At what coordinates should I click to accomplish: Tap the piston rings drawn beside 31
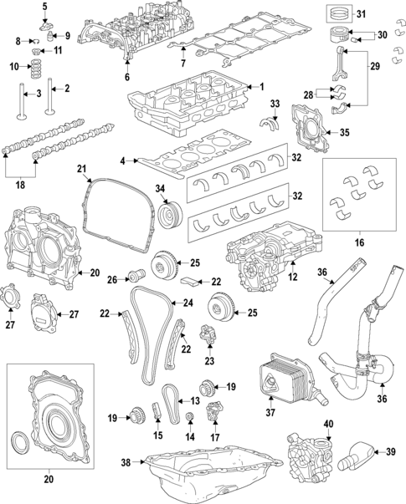point(340,14)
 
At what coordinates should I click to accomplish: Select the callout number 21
point(82,171)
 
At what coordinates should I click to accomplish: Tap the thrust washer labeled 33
point(271,125)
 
